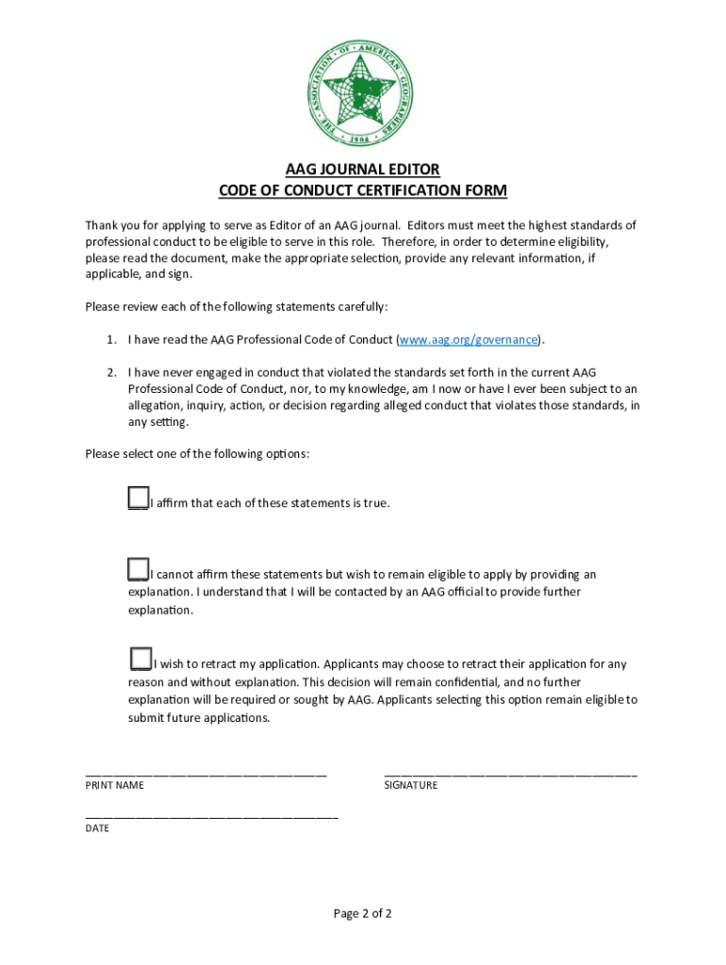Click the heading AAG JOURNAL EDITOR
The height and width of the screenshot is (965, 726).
(363, 170)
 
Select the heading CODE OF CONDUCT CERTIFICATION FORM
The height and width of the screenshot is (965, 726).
(363, 191)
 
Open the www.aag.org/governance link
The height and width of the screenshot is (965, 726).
(470, 339)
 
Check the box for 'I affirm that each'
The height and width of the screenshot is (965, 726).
(139, 498)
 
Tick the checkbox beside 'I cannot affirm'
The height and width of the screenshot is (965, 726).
(139, 569)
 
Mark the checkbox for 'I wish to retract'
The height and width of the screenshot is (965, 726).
(140, 658)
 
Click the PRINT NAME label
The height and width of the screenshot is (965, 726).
(115, 785)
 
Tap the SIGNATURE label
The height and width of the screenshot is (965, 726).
(410, 785)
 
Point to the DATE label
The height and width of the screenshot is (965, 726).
(97, 828)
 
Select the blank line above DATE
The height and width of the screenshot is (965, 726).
(211, 815)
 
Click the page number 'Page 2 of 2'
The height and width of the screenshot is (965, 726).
(362, 913)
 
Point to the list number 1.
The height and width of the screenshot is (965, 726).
(110, 339)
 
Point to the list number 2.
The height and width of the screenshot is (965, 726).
(110, 372)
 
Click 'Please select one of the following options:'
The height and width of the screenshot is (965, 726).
(197, 453)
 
